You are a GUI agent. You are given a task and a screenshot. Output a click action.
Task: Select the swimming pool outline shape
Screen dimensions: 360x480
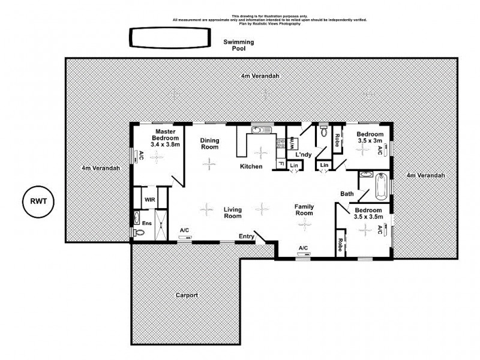[x=169, y=38]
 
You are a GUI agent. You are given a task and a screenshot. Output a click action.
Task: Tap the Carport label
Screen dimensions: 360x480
[x=187, y=295]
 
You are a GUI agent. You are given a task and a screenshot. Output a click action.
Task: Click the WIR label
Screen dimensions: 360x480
[x=149, y=199]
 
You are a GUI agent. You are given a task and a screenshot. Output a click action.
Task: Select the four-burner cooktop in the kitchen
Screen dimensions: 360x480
[x=280, y=143]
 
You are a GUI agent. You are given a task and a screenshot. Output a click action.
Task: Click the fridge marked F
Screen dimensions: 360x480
[x=280, y=164]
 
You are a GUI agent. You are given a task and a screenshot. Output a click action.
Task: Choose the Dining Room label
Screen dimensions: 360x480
[x=209, y=143]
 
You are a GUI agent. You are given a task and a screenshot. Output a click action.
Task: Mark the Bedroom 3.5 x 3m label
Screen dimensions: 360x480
[x=370, y=137]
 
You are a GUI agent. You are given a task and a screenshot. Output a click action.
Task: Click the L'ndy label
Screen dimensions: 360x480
[x=304, y=155]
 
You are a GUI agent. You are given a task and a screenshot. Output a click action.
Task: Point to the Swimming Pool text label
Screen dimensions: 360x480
[x=239, y=45]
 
